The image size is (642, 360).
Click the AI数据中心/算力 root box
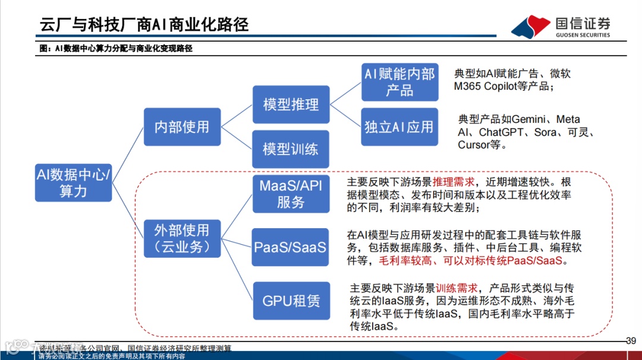(73, 182)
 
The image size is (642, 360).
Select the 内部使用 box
(182, 127)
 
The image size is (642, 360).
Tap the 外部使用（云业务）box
(182, 238)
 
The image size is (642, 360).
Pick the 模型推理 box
(291, 105)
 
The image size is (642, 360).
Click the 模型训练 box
(291, 149)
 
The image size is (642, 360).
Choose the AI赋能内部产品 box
(399, 82)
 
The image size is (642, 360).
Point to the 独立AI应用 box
(399, 127)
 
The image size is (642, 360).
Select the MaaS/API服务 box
(291, 194)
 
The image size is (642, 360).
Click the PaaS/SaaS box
(291, 247)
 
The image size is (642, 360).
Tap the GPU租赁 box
(291, 300)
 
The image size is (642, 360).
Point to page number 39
(631, 341)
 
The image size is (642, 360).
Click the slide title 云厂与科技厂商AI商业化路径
(144, 24)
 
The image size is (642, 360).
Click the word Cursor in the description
(474, 145)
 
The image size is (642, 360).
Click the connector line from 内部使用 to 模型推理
(237, 116)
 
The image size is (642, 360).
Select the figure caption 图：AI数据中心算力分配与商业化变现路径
(115, 49)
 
